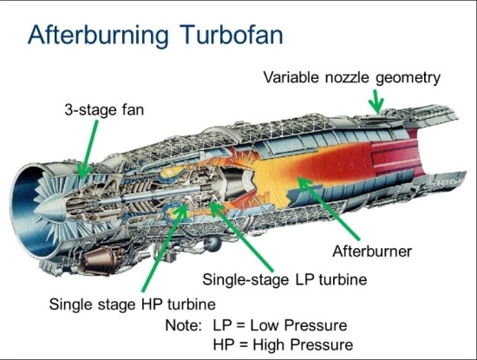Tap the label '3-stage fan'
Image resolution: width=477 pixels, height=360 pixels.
[102, 111]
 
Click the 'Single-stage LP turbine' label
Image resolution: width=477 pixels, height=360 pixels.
[285, 280]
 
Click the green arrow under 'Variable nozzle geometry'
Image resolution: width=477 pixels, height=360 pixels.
[375, 101]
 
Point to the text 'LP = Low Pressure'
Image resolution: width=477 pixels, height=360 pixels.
[280, 326]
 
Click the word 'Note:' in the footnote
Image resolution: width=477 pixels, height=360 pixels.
[184, 326]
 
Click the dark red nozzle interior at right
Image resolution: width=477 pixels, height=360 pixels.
[421, 173]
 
